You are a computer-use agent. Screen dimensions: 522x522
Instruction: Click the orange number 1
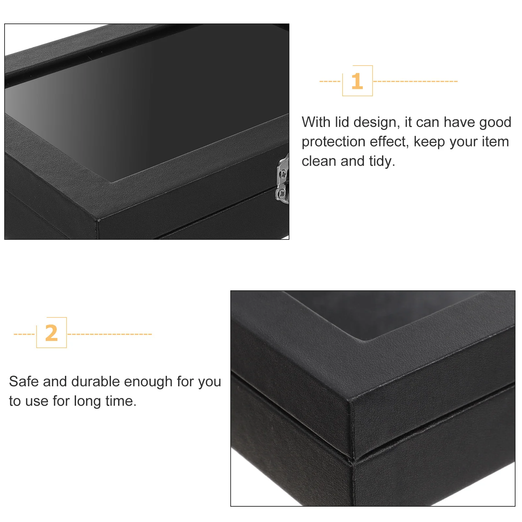(x=357, y=81)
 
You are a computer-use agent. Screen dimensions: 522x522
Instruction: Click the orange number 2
(x=52, y=333)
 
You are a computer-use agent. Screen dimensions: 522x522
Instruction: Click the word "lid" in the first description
(x=342, y=122)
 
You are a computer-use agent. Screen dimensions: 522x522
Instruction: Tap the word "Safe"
(x=23, y=381)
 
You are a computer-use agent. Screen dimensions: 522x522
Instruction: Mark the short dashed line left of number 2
(x=24, y=334)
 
